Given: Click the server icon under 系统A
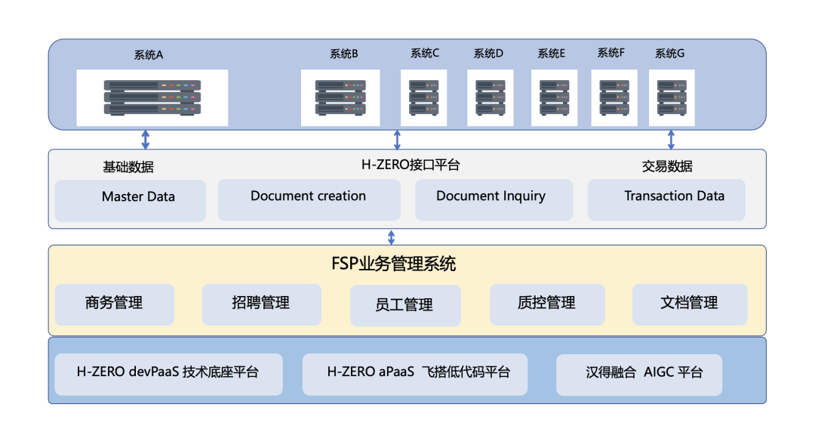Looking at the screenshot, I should coord(152,97).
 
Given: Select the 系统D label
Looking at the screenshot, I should coord(488,54).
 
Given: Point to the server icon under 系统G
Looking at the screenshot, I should coord(672,97).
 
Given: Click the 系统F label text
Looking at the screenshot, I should coord(611,53).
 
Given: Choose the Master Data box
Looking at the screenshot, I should coord(131,200).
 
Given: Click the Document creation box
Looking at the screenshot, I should coord(309,199).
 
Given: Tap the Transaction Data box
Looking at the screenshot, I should coord(666,199).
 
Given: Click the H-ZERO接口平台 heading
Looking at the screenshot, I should coord(411,165).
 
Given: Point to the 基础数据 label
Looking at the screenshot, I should coord(128,167).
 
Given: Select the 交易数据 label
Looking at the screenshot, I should coord(667,166).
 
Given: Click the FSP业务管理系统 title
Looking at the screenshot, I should coord(394,264).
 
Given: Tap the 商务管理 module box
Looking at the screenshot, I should coord(115,304).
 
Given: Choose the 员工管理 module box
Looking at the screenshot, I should coord(404,305).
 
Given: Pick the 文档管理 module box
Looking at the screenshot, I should coord(689,304).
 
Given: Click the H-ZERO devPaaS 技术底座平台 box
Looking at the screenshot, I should coord(168,374).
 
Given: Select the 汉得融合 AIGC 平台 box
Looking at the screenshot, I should coord(638,374).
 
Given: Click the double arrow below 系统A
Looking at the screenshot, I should coord(146,139).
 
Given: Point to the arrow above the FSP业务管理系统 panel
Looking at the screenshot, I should coord(391,237).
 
